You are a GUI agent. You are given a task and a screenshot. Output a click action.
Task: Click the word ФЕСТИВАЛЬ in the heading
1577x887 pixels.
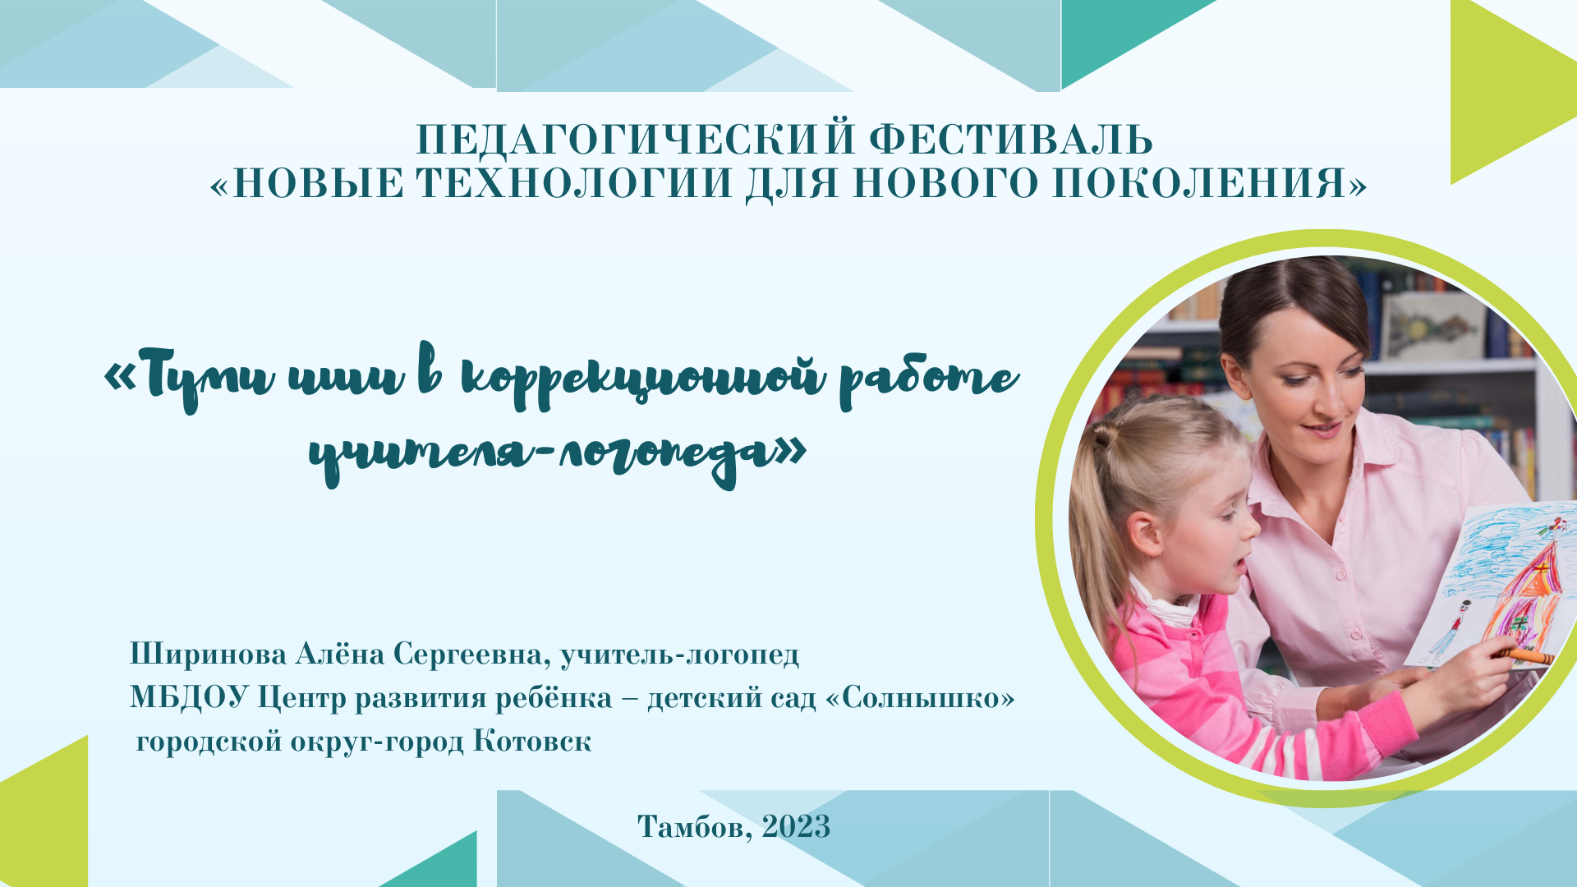click(x=1010, y=140)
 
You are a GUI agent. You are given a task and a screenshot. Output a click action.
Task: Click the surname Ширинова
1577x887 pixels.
click(x=208, y=655)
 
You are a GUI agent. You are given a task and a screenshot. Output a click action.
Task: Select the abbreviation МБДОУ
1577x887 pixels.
click(x=189, y=698)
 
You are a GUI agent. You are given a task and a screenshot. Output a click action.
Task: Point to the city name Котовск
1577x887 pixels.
click(x=532, y=741)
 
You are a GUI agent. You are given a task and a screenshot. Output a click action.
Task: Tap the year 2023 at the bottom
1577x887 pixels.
click(x=796, y=826)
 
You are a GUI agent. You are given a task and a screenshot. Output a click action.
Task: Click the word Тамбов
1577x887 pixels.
click(x=694, y=826)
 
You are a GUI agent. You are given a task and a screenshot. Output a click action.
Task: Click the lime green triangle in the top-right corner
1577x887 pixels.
click(x=1503, y=90)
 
